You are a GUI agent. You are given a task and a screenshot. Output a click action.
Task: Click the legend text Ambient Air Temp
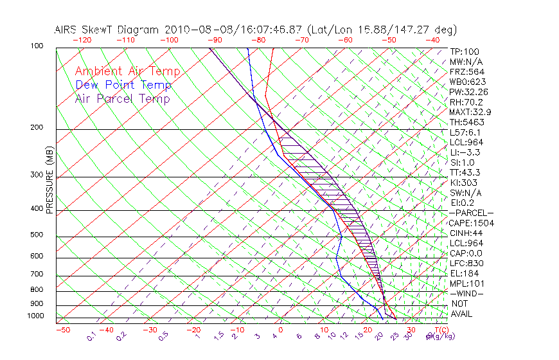point(127,71)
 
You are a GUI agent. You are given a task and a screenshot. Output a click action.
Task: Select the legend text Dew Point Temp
point(123,85)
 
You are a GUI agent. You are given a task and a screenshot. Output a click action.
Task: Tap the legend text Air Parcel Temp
point(122,98)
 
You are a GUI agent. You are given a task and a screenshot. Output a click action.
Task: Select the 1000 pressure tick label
point(35,316)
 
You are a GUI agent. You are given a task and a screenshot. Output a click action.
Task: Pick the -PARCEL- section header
point(471,213)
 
